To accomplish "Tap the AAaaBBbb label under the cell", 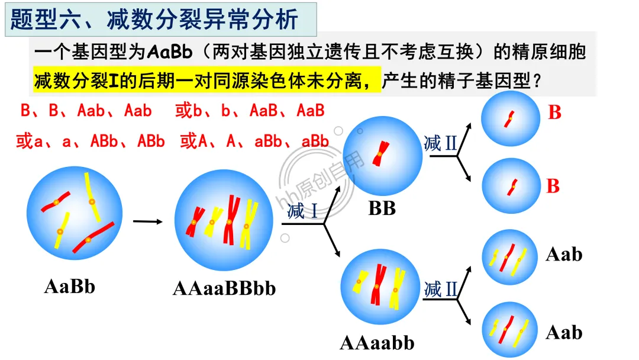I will pyautogui.click(x=224, y=288).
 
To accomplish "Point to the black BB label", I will pyautogui.click(x=382, y=208).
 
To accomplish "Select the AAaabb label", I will pyautogui.click(x=377, y=343).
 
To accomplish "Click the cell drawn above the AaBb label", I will pyautogui.click(x=75, y=213).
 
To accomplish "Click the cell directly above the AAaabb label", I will pyautogui.click(x=377, y=288).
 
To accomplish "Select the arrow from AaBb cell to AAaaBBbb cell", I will pyautogui.click(x=147, y=222).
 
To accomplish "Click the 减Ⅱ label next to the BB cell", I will pyautogui.click(x=441, y=143).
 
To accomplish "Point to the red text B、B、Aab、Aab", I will pyautogui.click(x=86, y=111).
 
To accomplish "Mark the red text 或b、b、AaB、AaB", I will pyautogui.click(x=250, y=111).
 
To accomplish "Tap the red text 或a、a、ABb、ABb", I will pyautogui.click(x=91, y=142).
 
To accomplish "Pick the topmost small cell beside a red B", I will pyautogui.click(x=511, y=119).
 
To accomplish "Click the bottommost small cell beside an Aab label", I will pyautogui.click(x=511, y=329).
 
